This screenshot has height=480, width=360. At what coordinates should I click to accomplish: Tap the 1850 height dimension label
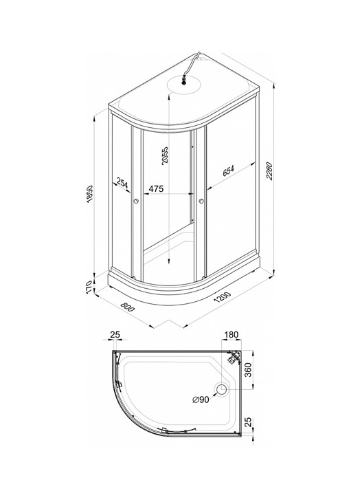click(89, 193)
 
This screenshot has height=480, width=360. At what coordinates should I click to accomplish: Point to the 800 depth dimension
click(127, 307)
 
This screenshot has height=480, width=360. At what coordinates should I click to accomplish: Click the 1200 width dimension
click(223, 297)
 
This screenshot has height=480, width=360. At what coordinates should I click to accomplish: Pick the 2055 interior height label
click(165, 155)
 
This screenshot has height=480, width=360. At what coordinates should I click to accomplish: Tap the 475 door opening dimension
click(156, 188)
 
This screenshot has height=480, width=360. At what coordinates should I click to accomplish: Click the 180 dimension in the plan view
click(232, 335)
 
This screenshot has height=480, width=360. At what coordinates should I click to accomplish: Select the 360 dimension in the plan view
click(248, 370)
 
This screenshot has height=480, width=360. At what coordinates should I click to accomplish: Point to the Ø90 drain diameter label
click(201, 400)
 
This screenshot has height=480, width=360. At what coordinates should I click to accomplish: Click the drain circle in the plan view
click(221, 389)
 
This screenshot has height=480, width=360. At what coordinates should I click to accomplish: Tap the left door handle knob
click(136, 201)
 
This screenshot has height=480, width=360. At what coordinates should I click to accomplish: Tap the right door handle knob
click(201, 201)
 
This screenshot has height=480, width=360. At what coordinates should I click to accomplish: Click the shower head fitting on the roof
click(184, 80)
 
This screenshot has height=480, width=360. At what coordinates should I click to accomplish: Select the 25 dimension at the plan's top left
click(115, 335)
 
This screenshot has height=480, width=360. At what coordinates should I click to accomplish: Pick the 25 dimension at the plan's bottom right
click(249, 422)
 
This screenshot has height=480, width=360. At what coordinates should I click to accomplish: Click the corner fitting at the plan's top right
click(235, 357)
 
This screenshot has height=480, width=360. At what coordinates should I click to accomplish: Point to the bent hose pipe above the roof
click(191, 64)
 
